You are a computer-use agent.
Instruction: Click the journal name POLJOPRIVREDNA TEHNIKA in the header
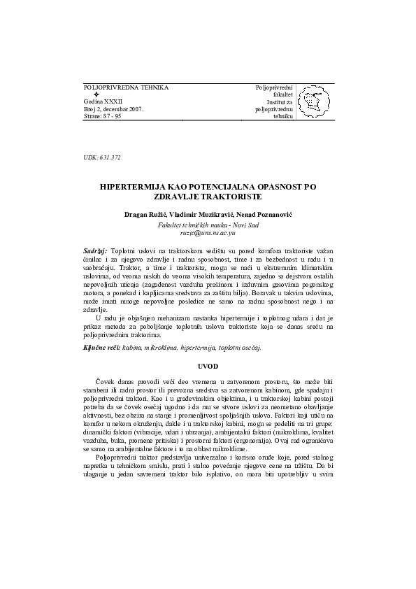(x=125, y=87)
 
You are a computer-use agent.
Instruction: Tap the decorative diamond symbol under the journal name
(x=96, y=94)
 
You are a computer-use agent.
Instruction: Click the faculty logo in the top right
(x=313, y=104)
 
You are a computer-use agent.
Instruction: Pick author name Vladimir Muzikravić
(x=204, y=213)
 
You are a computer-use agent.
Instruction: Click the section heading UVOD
(x=208, y=366)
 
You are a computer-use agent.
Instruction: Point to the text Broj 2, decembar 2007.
(x=113, y=110)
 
